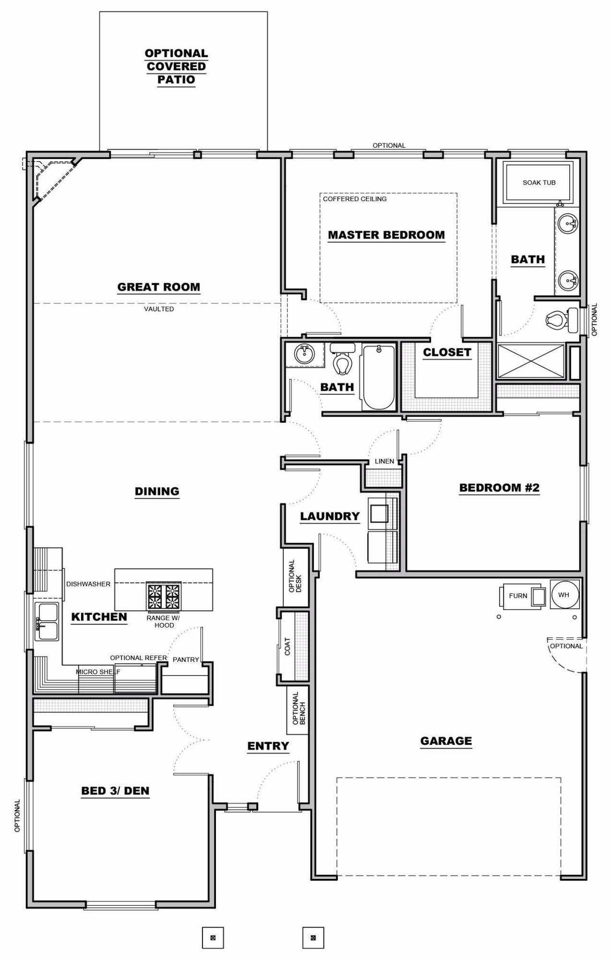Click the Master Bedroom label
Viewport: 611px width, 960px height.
386,235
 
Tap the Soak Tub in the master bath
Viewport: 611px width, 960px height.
539,182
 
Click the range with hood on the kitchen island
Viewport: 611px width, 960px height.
164,596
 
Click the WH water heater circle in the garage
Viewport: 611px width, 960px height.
564,595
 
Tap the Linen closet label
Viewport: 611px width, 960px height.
384,461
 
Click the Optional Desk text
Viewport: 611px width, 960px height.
295,576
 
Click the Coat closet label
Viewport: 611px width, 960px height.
287,646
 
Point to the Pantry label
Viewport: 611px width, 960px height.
185,660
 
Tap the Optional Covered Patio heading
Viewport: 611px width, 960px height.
176,67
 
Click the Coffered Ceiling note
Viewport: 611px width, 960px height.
354,199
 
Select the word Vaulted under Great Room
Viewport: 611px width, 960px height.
159,309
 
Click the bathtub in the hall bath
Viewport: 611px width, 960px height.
379,377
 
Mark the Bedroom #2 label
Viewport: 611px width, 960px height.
499,488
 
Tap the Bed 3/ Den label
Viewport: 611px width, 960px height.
115,791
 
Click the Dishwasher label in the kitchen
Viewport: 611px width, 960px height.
88,584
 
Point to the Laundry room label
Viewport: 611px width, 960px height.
330,516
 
